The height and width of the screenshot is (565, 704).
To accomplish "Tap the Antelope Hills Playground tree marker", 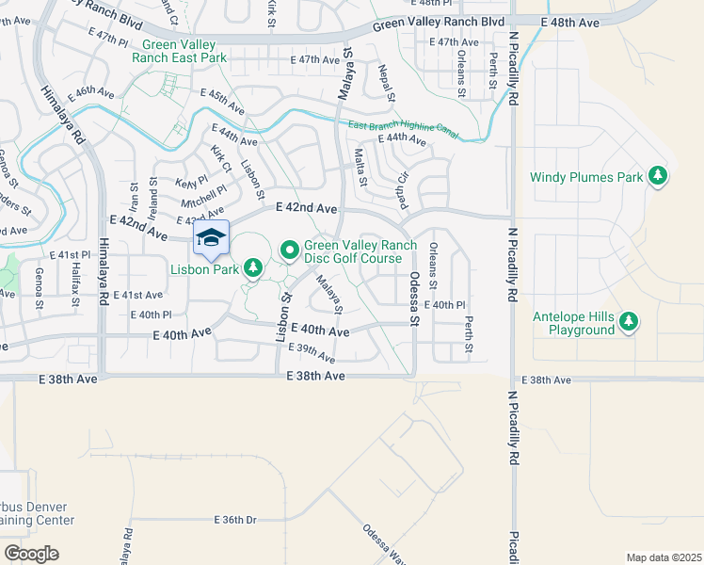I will (628, 323).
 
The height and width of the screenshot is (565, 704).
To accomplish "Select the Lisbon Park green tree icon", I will (252, 268).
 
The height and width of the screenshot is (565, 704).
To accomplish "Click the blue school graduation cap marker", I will (212, 237).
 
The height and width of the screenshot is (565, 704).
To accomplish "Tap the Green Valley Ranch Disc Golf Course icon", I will (290, 250).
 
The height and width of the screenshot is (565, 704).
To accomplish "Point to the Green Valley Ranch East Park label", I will (186, 51).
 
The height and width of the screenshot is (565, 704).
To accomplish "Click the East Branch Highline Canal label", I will (402, 131).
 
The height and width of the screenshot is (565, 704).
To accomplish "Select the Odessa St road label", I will (413, 299).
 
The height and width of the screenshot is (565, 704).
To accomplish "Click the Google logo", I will (31, 554).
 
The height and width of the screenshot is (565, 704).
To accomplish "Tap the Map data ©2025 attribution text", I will (664, 557).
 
